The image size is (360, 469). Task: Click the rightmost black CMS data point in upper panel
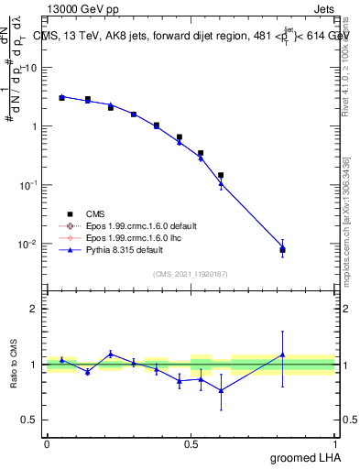tap(283, 249)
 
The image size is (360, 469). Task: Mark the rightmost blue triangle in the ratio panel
tap(283, 354)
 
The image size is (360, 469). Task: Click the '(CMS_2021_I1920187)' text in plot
tap(191, 273)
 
